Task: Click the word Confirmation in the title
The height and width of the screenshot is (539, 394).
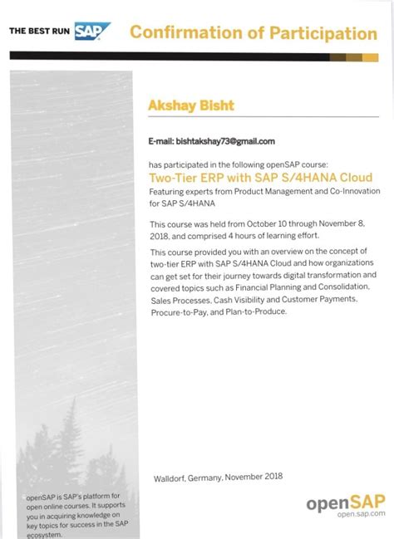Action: [x=187, y=33]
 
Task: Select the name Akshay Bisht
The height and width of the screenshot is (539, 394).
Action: [x=190, y=105]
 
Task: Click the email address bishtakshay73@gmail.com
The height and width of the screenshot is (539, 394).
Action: [x=226, y=141]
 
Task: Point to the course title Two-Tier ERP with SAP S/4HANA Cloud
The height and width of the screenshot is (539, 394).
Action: [x=260, y=178]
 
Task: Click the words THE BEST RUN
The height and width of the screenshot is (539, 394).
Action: [x=40, y=32]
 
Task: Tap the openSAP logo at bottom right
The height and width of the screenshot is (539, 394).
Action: [x=346, y=502]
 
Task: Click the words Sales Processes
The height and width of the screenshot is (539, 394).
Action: [x=178, y=299]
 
